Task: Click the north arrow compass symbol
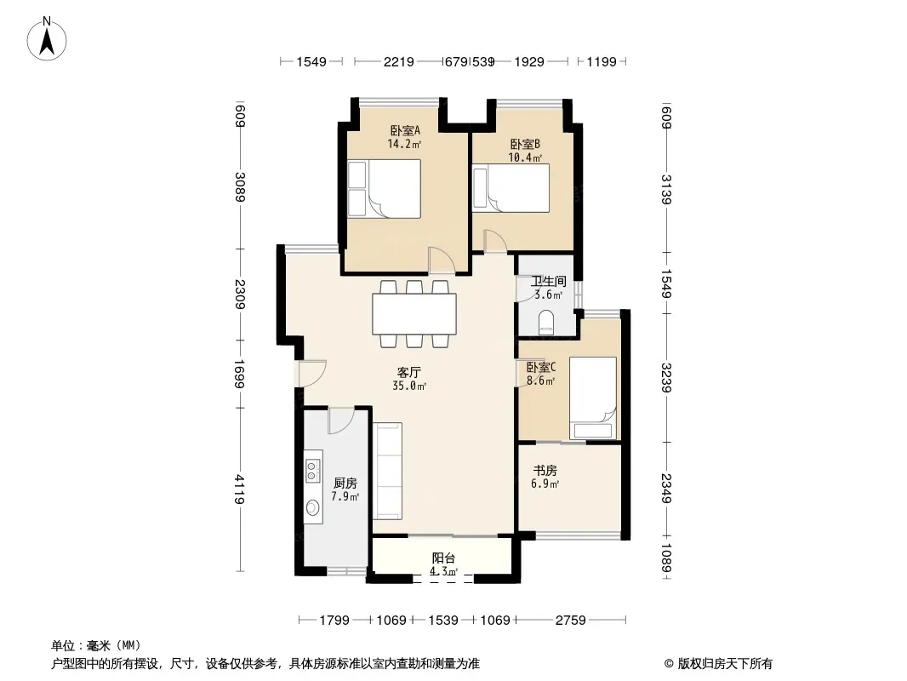pyautogui.click(x=47, y=39)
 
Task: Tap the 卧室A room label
pyautogui.click(x=405, y=130)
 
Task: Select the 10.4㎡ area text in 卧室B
pyautogui.click(x=525, y=157)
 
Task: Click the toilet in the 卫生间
pyautogui.click(x=546, y=323)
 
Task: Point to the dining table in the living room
pyautogui.click(x=414, y=313)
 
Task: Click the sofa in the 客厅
pyautogui.click(x=387, y=471)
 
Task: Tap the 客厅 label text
pyautogui.click(x=408, y=372)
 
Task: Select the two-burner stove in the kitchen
pyautogui.click(x=313, y=471)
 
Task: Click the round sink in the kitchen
pyautogui.click(x=312, y=508)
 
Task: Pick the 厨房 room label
pyautogui.click(x=345, y=483)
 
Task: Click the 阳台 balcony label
pyautogui.click(x=443, y=558)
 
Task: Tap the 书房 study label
pyautogui.click(x=545, y=471)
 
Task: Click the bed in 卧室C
pyautogui.click(x=593, y=398)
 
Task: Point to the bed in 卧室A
pyautogui.click(x=384, y=189)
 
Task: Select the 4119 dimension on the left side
pyautogui.click(x=239, y=489)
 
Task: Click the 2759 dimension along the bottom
pyautogui.click(x=571, y=621)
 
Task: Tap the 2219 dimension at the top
pyautogui.click(x=398, y=61)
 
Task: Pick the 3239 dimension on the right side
pyautogui.click(x=666, y=378)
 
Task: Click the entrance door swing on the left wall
pyautogui.click(x=312, y=373)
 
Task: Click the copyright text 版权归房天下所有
pyautogui.click(x=725, y=664)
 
